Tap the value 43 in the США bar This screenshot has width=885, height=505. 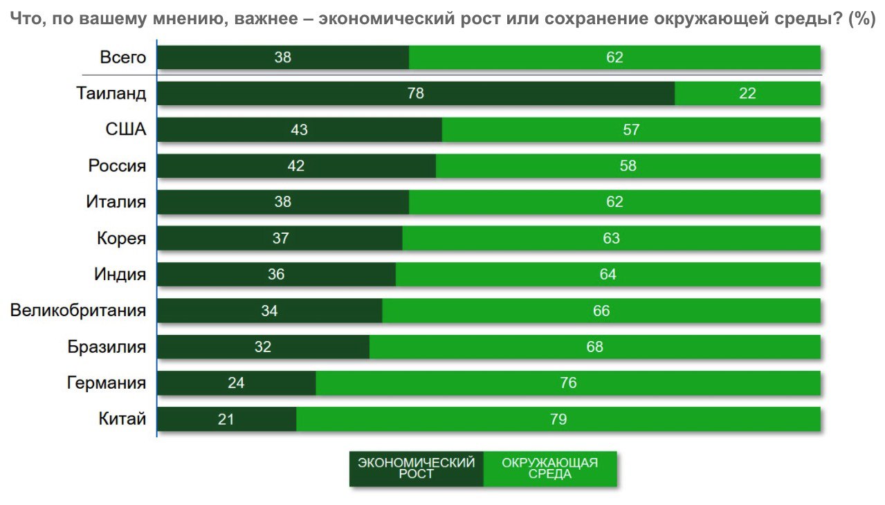(x=300, y=129)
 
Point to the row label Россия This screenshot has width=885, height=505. (x=117, y=166)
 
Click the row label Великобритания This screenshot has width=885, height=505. (x=78, y=310)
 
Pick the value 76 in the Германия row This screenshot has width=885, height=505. (x=568, y=383)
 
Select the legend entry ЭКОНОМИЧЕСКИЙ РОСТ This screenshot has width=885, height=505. (x=416, y=468)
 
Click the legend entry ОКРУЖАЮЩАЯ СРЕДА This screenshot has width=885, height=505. (x=549, y=468)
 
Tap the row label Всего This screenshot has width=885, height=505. (x=123, y=57)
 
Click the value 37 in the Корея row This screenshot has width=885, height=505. (x=280, y=239)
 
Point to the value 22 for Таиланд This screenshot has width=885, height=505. (x=747, y=93)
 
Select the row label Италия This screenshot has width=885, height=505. (x=116, y=202)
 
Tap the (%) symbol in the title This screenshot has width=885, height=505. (x=861, y=19)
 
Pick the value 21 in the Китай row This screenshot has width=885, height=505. (x=226, y=419)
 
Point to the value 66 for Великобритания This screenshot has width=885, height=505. (x=601, y=311)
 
